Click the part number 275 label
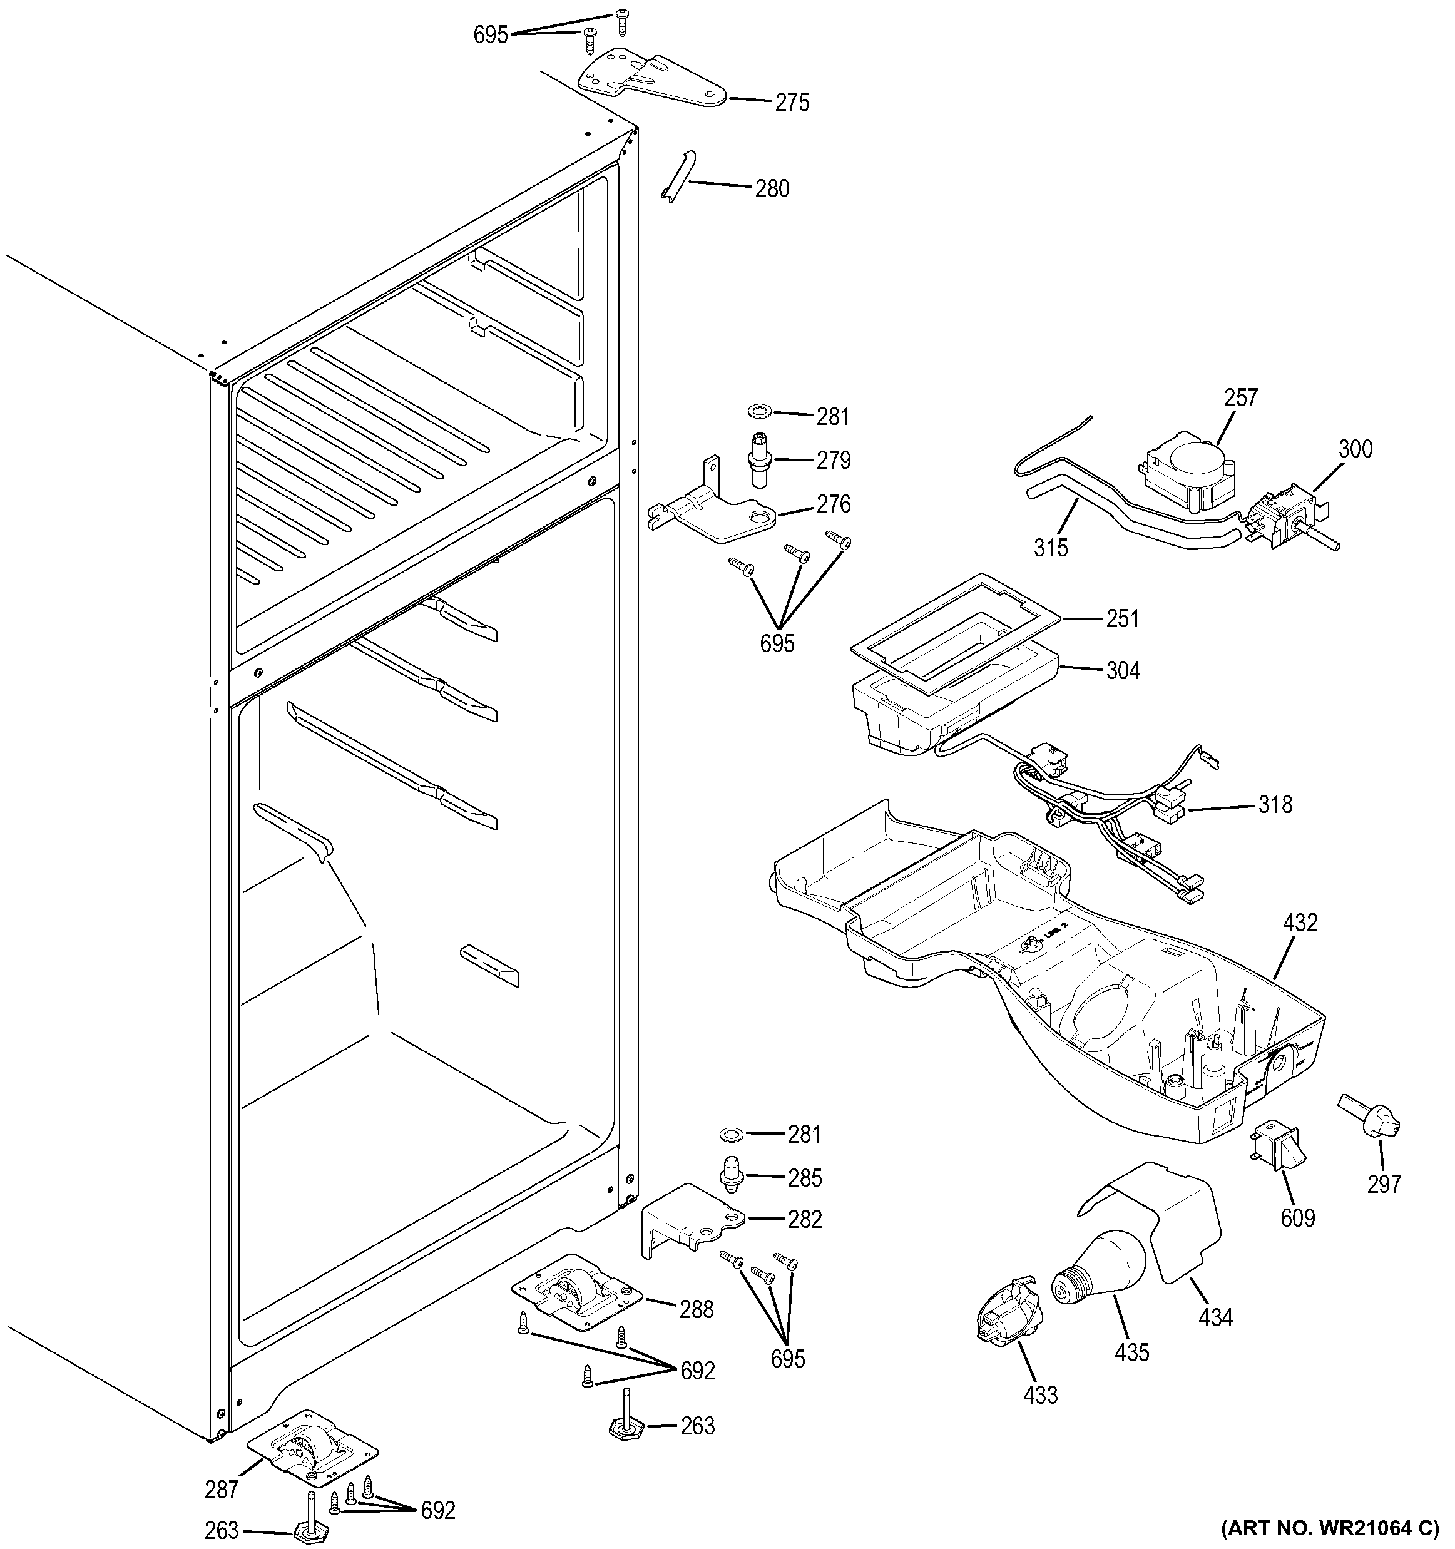coord(792,103)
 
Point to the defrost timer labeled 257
coord(1188,469)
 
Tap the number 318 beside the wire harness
coord(1275,804)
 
